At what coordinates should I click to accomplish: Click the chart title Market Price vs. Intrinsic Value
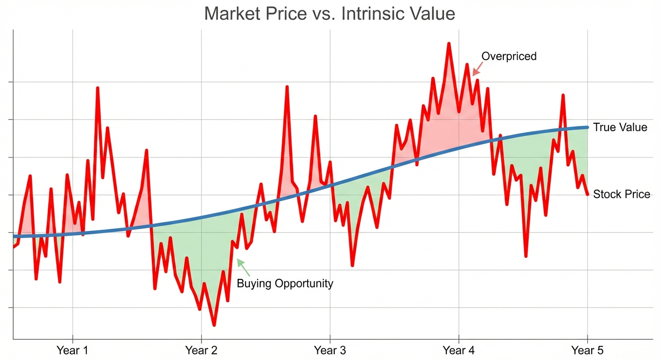click(x=330, y=14)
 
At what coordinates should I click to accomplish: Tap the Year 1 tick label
click(x=72, y=350)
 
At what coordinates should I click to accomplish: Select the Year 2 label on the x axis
click(x=201, y=350)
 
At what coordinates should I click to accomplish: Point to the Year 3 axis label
click(x=330, y=350)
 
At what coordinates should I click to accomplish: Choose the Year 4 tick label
click(x=458, y=350)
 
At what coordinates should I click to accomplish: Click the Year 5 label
click(x=587, y=350)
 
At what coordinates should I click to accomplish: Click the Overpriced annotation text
click(x=509, y=57)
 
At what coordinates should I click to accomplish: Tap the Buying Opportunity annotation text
click(x=285, y=284)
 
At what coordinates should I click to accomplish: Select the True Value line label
click(x=620, y=127)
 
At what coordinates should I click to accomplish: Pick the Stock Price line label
click(x=622, y=194)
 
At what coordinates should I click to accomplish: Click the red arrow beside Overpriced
click(x=477, y=70)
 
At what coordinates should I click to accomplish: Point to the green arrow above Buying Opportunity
click(x=243, y=267)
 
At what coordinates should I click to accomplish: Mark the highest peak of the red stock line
click(x=449, y=44)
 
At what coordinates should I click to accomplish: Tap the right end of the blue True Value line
click(x=587, y=127)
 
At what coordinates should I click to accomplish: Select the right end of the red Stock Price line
click(x=587, y=194)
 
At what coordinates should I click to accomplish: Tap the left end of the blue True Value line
click(x=14, y=236)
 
